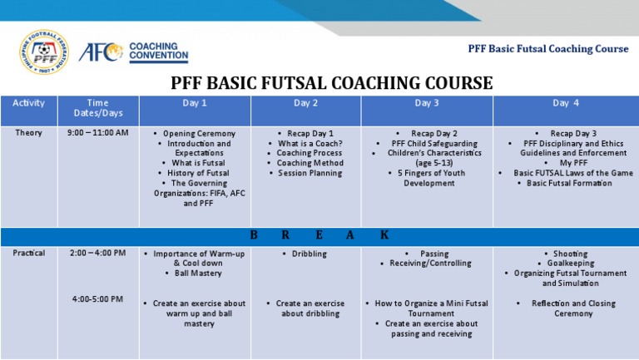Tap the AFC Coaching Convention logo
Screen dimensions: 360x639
[133, 52]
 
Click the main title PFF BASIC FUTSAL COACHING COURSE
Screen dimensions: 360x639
[331, 83]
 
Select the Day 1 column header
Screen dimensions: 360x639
[195, 103]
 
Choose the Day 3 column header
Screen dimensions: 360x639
[427, 103]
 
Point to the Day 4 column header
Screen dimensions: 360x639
[565, 103]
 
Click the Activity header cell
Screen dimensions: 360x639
[29, 103]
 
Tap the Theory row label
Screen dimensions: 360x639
[29, 132]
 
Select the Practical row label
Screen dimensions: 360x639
[29, 253]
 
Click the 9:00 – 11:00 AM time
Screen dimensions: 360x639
[98, 132]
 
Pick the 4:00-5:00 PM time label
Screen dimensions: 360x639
[97, 298]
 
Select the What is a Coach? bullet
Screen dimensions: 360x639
[305, 143]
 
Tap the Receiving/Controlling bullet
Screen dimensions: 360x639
[430, 264]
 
